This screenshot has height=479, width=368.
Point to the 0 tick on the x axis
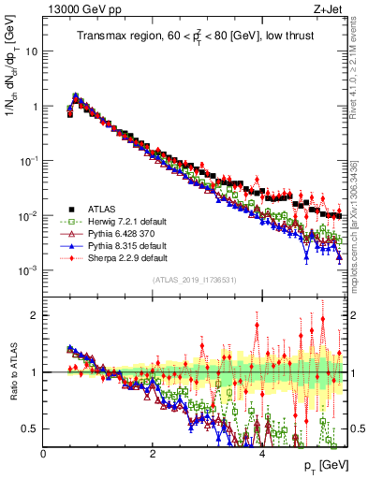pyautogui.click(x=44, y=452)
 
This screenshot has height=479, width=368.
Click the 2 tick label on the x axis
pyautogui.click(x=153, y=452)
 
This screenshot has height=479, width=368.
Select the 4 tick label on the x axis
pyautogui.click(x=261, y=452)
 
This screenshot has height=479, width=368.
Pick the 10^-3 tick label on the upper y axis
pyautogui.click(x=28, y=270)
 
